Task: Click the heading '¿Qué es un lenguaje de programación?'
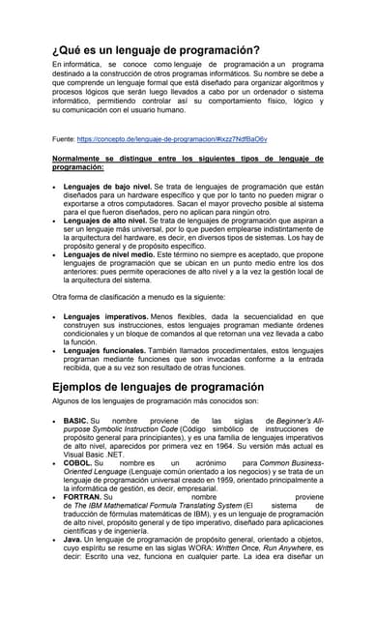click(x=155, y=48)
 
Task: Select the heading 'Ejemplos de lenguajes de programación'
click(x=159, y=387)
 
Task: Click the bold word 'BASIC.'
click(x=75, y=422)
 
